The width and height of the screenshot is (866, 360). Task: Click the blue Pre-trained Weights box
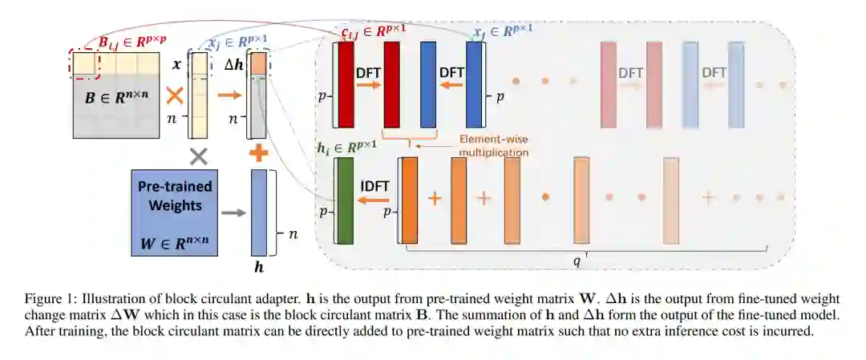174,212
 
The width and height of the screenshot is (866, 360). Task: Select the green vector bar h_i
346,200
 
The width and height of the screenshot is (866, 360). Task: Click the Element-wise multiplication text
493,144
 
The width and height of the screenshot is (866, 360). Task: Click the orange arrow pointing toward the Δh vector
228,95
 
